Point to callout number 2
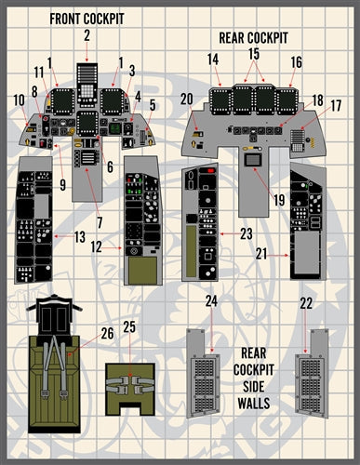pos(86,35)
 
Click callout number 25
pos(129,326)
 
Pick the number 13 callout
pos(81,237)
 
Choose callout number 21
pos(261,252)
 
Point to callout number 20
pos(187,99)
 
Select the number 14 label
pos(213,60)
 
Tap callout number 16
pos(296,61)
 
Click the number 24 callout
pos(211,301)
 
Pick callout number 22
pos(306,303)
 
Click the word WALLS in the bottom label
pos(252,403)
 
